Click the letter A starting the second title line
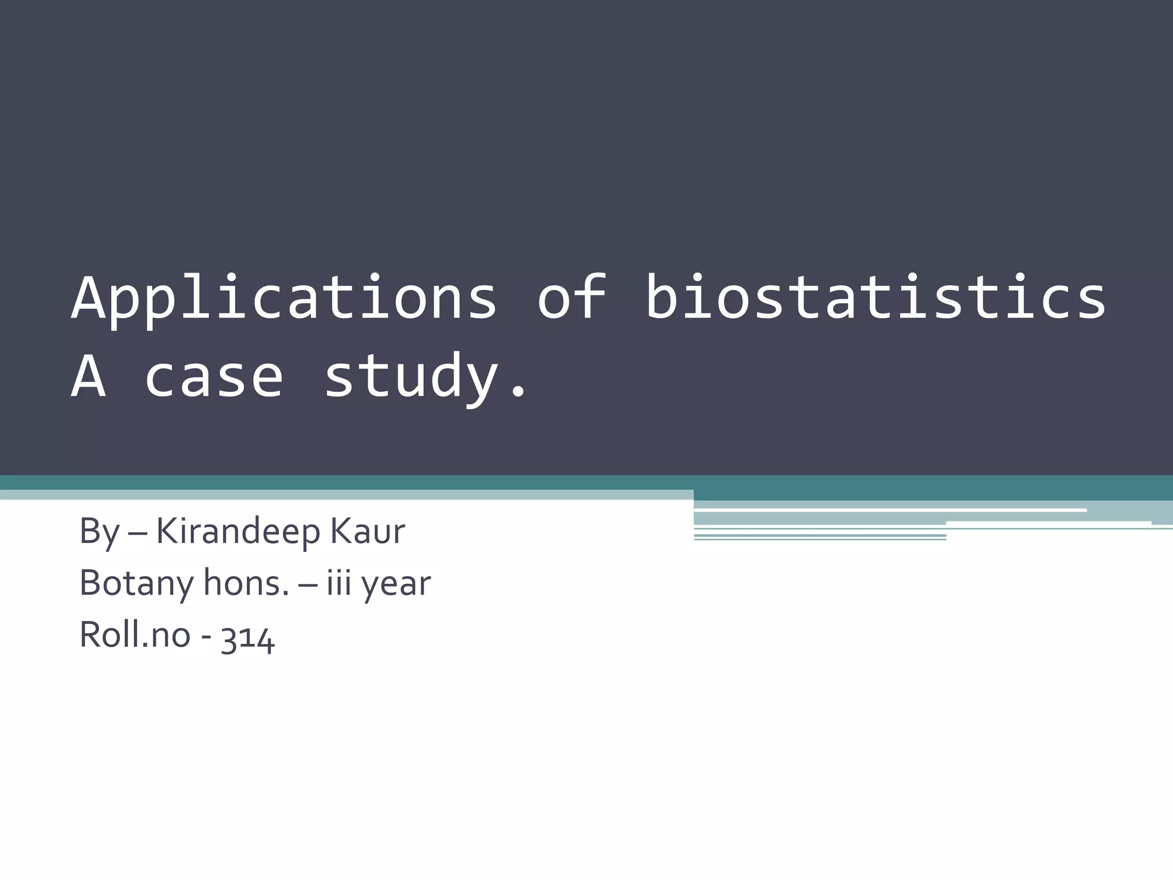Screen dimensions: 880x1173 pos(88,376)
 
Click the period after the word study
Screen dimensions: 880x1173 pos(518,392)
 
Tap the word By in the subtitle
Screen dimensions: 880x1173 pos(99,532)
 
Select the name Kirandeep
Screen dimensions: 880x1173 pos(238,532)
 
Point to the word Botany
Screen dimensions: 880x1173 pos(137,584)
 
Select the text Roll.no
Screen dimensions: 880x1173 pos(135,635)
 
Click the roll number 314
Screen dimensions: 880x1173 pos(248,637)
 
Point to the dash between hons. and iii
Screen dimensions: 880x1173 pos(308,585)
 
